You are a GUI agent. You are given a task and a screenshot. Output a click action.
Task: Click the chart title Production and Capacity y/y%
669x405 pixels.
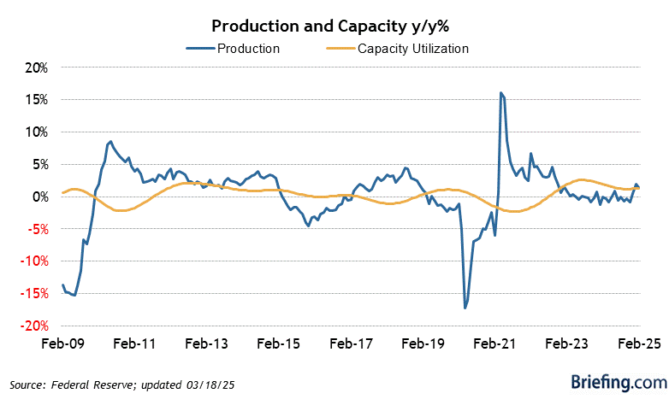pos(330,26)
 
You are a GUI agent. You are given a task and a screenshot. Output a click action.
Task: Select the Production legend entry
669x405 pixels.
pos(233,49)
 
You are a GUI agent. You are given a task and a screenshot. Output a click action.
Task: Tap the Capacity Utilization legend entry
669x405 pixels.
pos(398,49)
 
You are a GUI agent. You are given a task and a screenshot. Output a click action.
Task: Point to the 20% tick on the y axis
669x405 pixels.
pos(37,67)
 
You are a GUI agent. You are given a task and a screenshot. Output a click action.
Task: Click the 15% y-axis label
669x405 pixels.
pos(37,100)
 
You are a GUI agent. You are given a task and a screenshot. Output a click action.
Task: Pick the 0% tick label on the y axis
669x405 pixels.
pos(39,197)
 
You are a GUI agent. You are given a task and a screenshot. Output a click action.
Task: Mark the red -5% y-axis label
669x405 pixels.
pos(37,229)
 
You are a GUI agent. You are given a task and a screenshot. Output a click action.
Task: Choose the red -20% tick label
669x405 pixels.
pos(34,326)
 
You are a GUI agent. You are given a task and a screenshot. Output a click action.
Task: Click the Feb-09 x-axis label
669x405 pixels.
pos(62,343)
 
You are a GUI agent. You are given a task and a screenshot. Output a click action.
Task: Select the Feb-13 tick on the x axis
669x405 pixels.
pos(206,343)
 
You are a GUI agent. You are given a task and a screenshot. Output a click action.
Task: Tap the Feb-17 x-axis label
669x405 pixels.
pos(351,343)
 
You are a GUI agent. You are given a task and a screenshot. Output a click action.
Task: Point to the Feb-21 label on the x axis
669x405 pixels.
pos(495,343)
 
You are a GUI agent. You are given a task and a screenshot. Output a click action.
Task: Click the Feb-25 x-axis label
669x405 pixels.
pos(639,343)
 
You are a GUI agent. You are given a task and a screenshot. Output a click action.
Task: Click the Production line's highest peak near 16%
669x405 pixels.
pos(501,92)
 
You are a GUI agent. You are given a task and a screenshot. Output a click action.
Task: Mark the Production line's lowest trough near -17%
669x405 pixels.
pos(465,308)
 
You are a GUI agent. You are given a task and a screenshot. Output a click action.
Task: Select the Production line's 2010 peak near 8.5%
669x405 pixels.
pos(110,142)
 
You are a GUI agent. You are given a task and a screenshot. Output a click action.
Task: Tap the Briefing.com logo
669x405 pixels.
pos(619,382)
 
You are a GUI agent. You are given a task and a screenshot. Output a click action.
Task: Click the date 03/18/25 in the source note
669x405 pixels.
pos(210,385)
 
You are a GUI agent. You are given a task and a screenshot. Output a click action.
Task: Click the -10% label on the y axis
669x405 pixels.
pos(34,261)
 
